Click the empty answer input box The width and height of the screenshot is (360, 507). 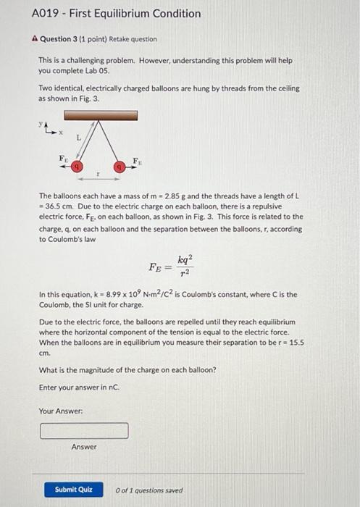pyautogui.click(x=84, y=431)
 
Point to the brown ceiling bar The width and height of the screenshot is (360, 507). pyautogui.click(x=101, y=114)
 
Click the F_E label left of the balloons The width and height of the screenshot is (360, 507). pyautogui.click(x=62, y=158)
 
